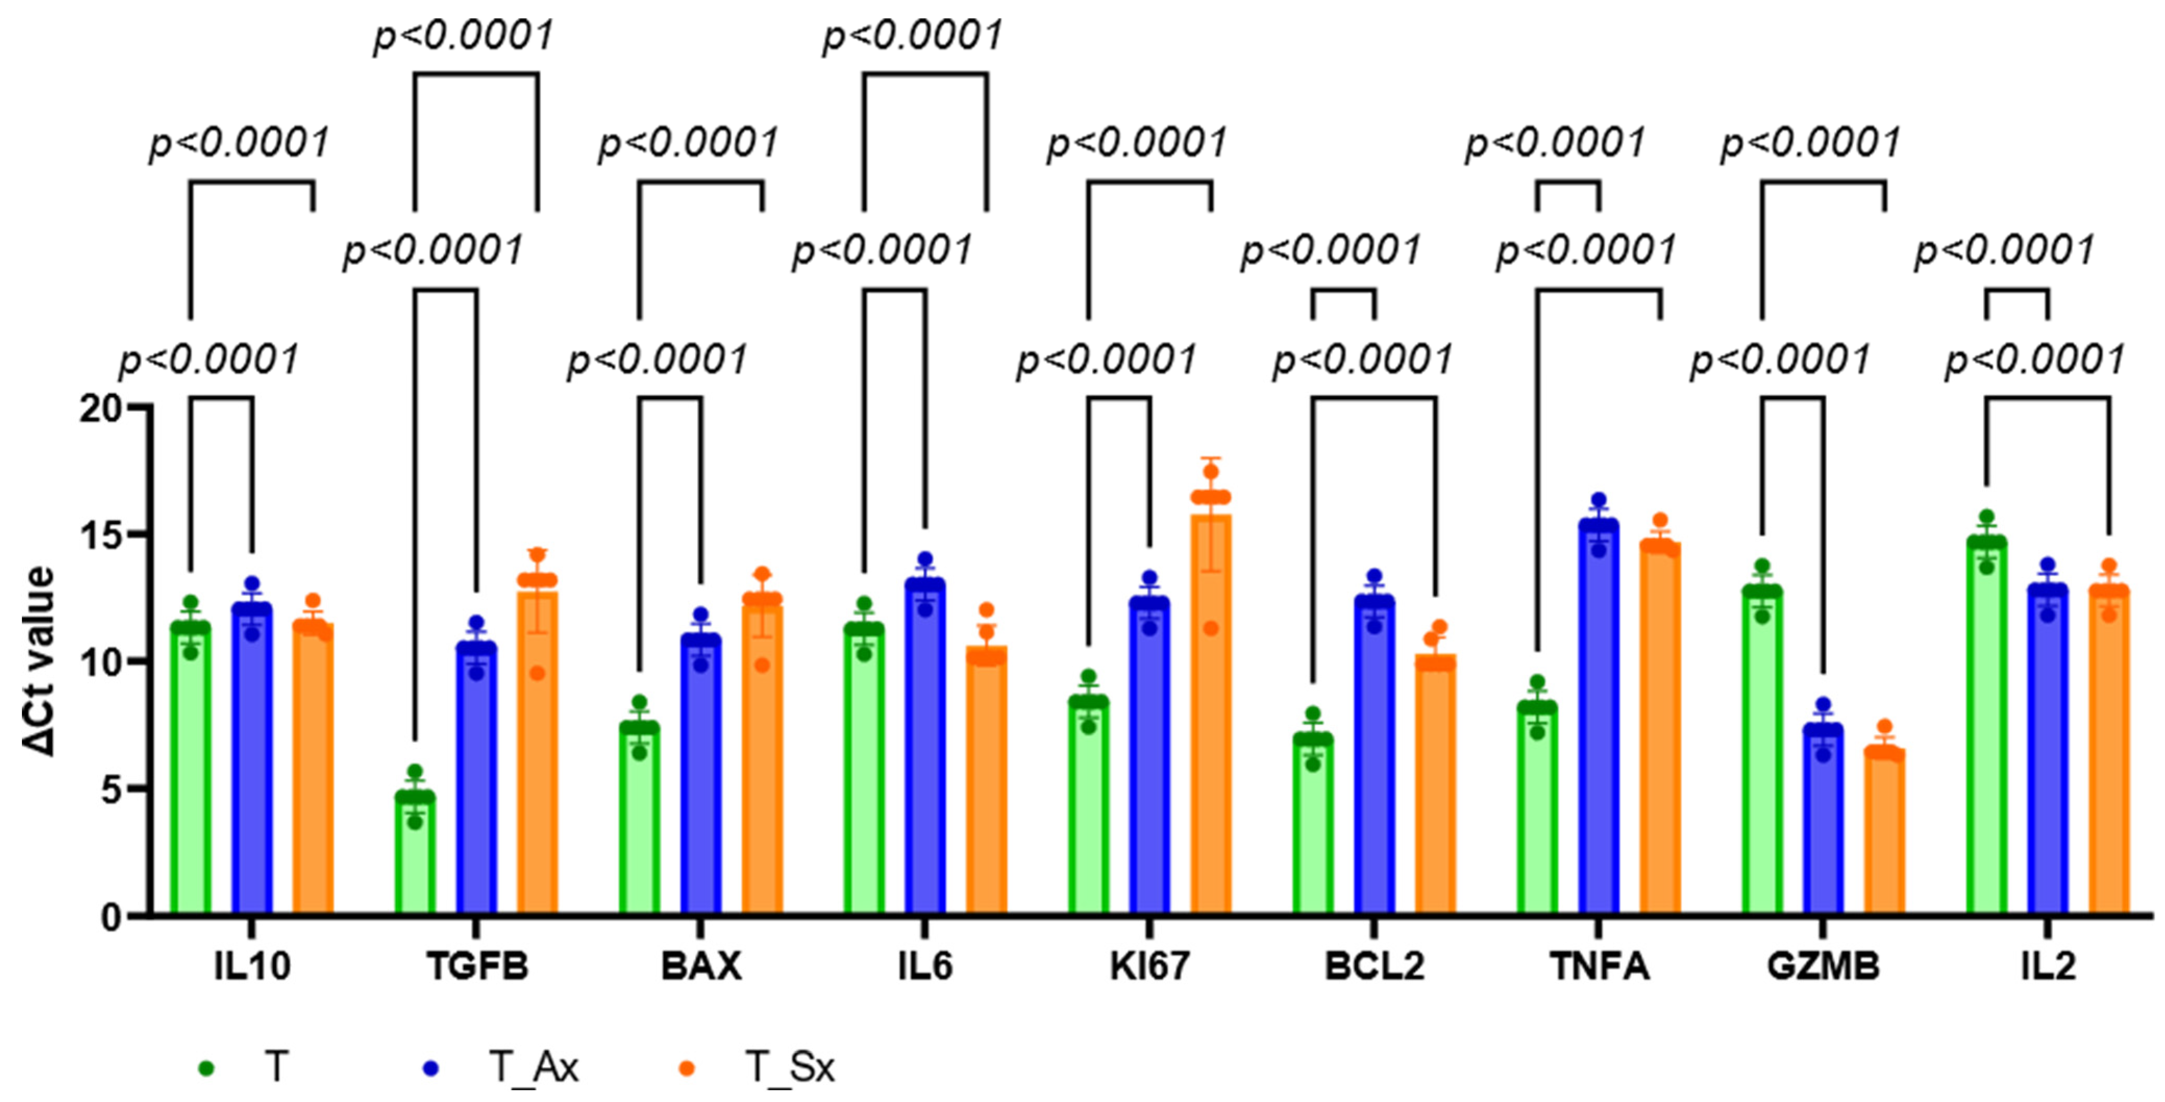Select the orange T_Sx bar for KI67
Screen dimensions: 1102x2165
coord(1211,714)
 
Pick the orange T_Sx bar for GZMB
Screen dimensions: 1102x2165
coord(1884,832)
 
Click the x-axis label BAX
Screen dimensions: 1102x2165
coord(701,967)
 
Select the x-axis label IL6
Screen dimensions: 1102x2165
coord(925,967)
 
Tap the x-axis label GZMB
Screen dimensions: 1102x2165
coord(1823,967)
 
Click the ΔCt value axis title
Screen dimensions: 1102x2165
coord(39,662)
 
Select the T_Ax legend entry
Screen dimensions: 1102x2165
coord(533,1068)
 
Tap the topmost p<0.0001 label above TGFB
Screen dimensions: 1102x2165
coord(464,35)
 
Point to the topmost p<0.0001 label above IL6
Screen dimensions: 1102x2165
coord(913,35)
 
